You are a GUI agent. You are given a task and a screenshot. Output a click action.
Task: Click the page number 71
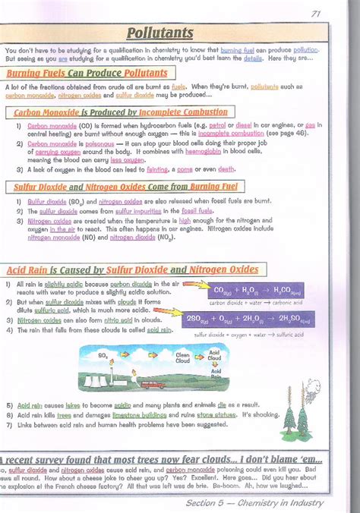[x=316, y=13]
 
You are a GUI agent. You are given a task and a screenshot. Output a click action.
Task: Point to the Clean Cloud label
[x=183, y=356]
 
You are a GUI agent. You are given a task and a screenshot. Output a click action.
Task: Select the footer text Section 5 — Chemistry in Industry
[x=254, y=503]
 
